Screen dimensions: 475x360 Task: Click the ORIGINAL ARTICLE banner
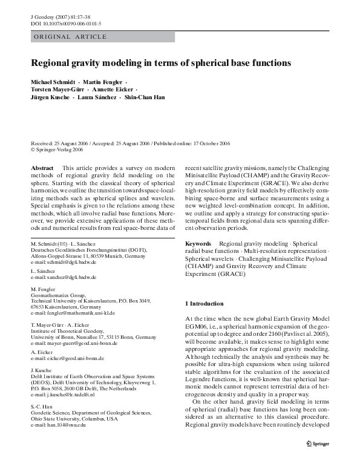(70, 37)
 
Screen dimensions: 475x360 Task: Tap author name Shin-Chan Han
(146, 97)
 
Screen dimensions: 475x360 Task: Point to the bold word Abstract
(42, 167)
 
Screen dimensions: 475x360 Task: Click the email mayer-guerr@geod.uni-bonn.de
(82, 343)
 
